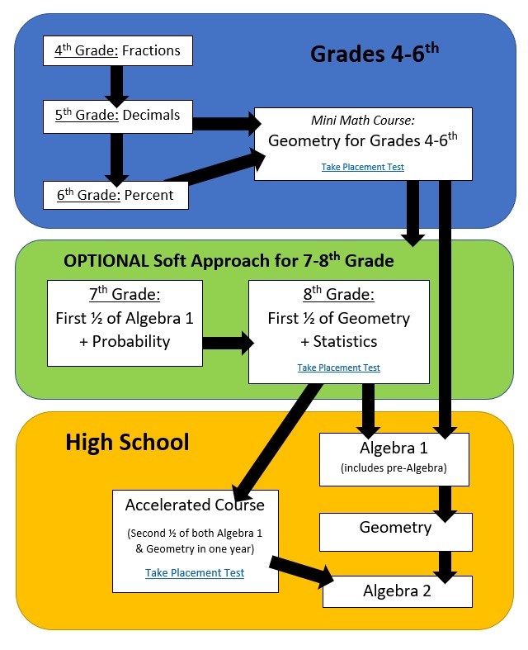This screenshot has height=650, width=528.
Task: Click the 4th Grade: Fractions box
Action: pyautogui.click(x=118, y=50)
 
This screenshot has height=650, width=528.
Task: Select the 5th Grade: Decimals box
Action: pyautogui.click(x=118, y=116)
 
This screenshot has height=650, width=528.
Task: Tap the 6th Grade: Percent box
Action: pyautogui.click(x=116, y=195)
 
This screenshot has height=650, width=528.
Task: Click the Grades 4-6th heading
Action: pyautogui.click(x=375, y=53)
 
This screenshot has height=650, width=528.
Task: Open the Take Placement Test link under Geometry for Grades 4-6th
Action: pyautogui.click(x=363, y=167)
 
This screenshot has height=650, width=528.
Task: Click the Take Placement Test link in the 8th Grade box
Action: pyautogui.click(x=339, y=368)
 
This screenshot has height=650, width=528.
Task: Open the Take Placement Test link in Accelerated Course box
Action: pyautogui.click(x=195, y=572)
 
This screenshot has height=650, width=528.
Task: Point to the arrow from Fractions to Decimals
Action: pyautogui.click(x=117, y=86)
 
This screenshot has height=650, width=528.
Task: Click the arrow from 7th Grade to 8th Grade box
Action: pyautogui.click(x=229, y=343)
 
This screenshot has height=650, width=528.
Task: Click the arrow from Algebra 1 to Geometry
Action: pyautogui.click(x=445, y=504)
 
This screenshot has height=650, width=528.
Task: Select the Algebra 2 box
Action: pyautogui.click(x=398, y=591)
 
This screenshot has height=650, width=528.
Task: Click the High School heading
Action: pyautogui.click(x=128, y=442)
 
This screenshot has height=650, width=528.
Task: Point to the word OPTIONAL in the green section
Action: pyautogui.click(x=106, y=261)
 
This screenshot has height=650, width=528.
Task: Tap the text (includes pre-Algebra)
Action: pyautogui.click(x=394, y=468)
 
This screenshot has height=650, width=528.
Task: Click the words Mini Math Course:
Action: pyautogui.click(x=363, y=121)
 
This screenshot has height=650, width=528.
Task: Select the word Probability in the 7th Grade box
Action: pyautogui.click(x=131, y=342)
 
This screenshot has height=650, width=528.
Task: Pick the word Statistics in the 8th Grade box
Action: pyautogui.click(x=345, y=342)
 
